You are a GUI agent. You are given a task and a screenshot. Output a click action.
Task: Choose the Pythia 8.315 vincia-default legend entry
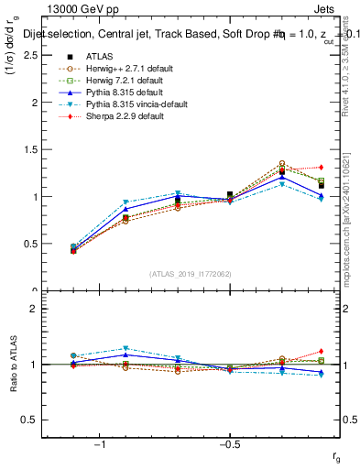pos(123,105)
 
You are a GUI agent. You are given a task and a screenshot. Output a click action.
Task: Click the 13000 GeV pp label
pos(80,10)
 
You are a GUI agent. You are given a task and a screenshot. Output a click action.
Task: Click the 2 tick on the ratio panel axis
pos(35,309)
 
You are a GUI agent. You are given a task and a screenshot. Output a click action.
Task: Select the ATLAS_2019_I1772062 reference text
pos(191,273)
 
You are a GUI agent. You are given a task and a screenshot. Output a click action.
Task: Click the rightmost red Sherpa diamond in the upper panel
pos(321,167)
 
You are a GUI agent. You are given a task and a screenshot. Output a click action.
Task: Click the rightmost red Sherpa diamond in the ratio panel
pos(321,351)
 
